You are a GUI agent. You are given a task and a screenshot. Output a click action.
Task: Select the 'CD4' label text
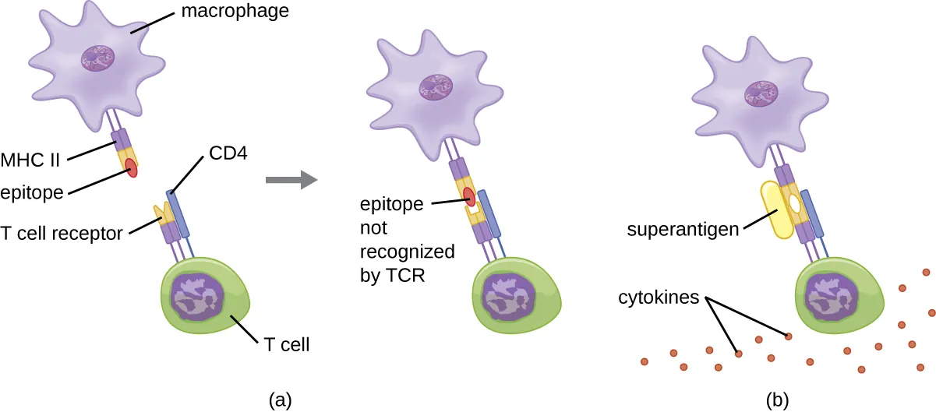[228, 154]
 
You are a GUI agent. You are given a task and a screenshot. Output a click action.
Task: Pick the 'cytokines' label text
[659, 298]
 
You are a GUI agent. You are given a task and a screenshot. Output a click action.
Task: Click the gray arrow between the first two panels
[289, 181]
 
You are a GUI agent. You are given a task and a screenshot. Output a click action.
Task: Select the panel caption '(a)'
[281, 400]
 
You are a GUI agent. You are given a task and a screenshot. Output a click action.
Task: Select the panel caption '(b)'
[776, 400]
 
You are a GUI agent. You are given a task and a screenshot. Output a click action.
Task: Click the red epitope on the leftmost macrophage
[131, 167]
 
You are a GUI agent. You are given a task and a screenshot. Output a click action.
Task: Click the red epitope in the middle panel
[468, 196]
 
